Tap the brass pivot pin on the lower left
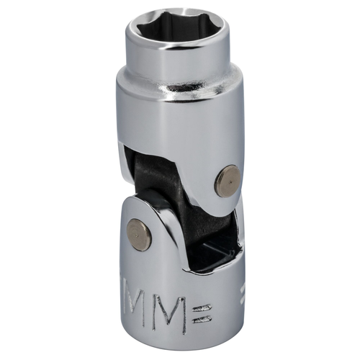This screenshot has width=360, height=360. (x=138, y=235)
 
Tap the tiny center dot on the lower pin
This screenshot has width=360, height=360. (x=138, y=235)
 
